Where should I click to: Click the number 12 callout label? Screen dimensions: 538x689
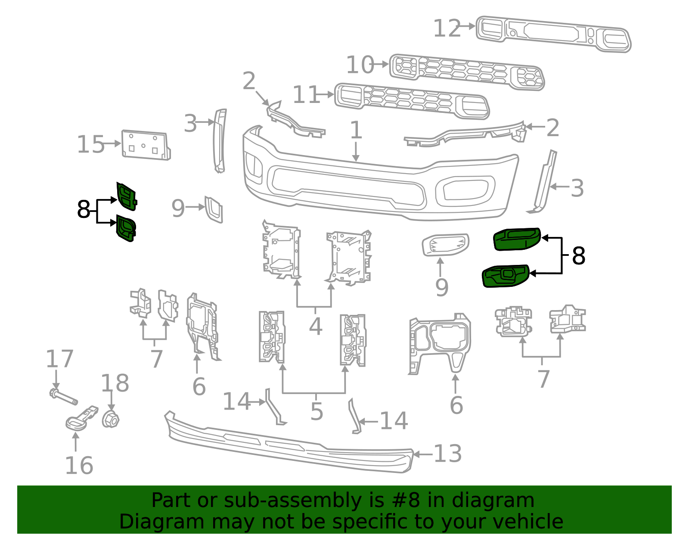click(x=447, y=29)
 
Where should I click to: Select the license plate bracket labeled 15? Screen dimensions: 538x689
click(x=145, y=145)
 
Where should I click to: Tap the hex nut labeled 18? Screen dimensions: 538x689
click(x=110, y=419)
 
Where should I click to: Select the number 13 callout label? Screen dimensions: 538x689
click(x=447, y=454)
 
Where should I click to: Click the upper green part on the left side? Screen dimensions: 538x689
click(x=126, y=197)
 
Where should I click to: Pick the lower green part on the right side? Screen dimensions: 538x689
click(x=504, y=276)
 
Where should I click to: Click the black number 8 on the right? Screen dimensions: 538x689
click(x=578, y=256)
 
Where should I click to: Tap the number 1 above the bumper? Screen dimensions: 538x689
click(x=356, y=130)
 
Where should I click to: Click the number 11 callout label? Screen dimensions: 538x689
click(x=306, y=95)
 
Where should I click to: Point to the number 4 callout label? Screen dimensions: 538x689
click(x=315, y=327)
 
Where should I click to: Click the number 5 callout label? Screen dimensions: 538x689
click(x=317, y=412)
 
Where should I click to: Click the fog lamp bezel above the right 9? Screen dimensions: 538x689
click(x=445, y=245)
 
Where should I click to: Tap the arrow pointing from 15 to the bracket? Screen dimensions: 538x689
click(x=113, y=143)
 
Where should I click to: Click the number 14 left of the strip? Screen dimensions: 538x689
click(x=236, y=401)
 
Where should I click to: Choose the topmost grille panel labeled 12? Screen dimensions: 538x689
click(x=553, y=34)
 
